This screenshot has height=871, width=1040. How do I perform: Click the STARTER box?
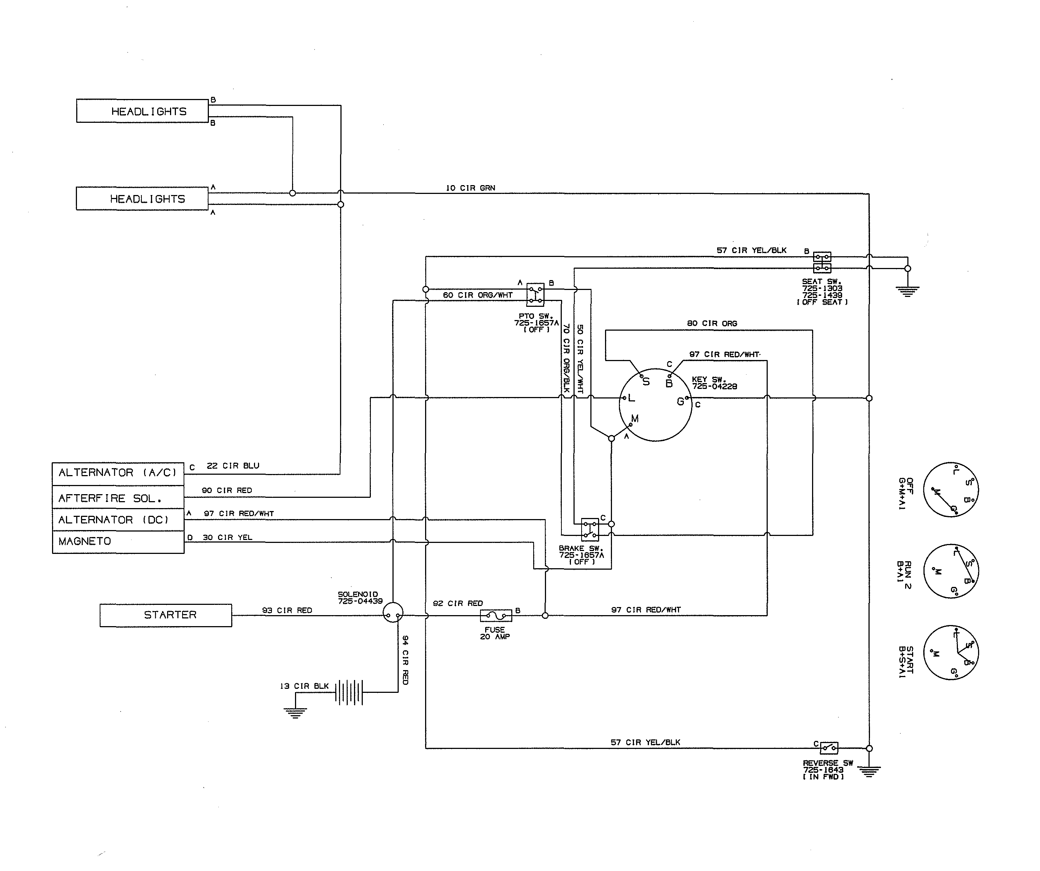pos(165,615)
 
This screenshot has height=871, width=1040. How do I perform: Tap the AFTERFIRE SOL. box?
pos(118,497)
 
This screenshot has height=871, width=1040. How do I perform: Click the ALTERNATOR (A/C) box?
pos(118,473)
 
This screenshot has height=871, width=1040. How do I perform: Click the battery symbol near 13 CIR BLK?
pos(349,692)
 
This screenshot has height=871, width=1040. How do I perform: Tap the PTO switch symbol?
pos(535,295)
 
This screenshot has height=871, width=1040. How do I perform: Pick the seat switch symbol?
pos(822,262)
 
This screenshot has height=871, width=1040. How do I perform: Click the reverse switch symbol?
pos(829,747)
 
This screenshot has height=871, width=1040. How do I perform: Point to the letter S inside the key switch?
pos(646,382)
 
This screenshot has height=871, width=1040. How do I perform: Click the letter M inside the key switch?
pos(635,419)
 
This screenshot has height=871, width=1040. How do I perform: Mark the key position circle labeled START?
pos(951,653)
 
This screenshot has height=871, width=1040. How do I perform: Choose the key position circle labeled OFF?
pos(951,489)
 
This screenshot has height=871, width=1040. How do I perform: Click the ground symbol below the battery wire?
pos(295,713)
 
